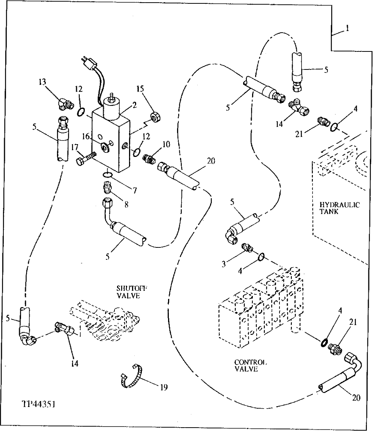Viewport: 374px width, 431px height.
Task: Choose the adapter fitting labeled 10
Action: tap(150, 158)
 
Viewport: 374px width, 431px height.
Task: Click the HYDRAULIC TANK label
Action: tap(339, 208)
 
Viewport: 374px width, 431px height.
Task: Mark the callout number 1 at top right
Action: tap(348, 28)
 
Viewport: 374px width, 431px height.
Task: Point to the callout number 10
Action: tap(167, 145)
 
